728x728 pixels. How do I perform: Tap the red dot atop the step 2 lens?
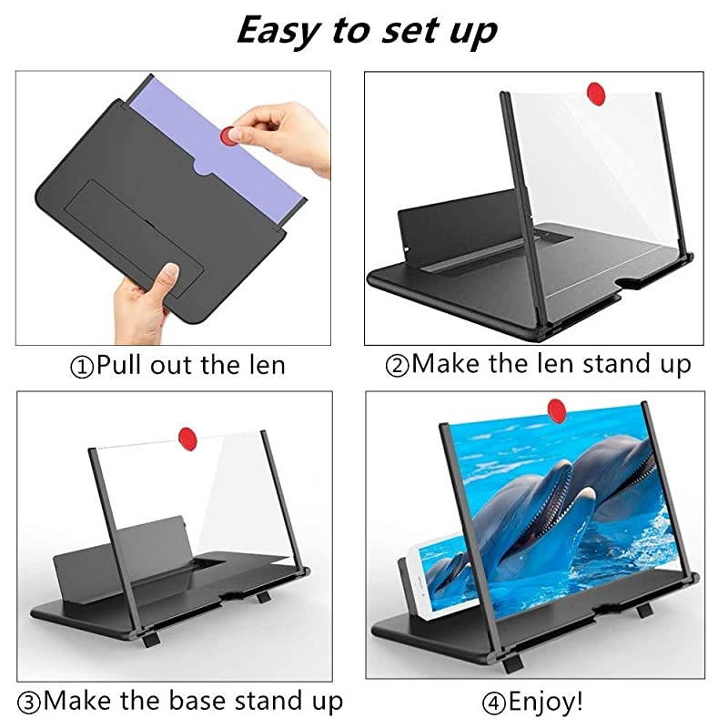tap(597, 93)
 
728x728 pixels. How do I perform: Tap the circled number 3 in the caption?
tap(29, 702)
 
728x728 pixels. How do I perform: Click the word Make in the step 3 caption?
tap(78, 702)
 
